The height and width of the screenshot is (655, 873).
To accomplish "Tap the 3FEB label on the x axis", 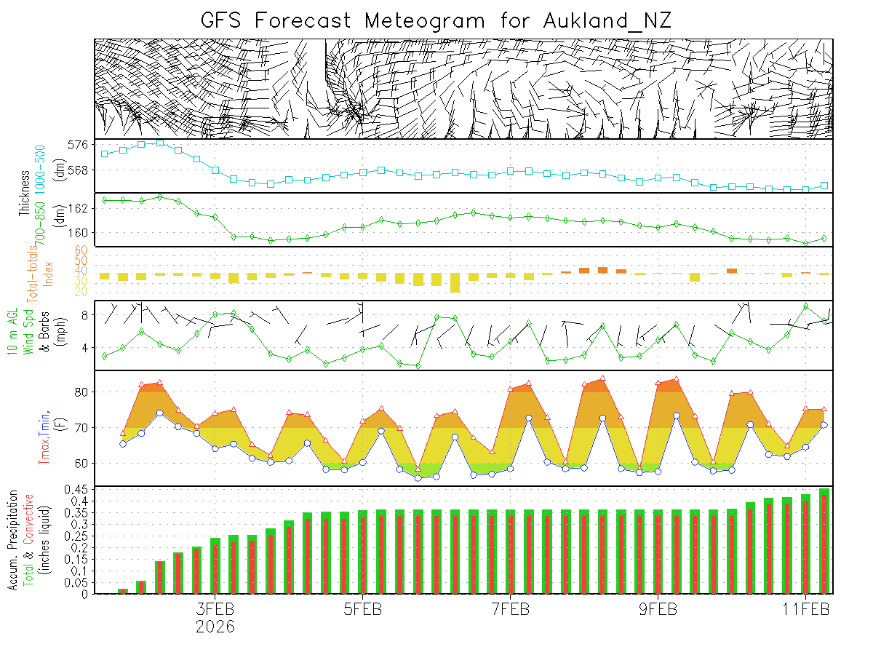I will [x=215, y=608].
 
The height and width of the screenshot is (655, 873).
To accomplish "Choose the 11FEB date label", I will [x=806, y=608].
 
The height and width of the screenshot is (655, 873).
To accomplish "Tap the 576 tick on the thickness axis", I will [x=79, y=145].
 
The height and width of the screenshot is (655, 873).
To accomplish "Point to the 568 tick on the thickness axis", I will [x=79, y=170].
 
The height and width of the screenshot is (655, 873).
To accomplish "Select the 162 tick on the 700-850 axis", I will [x=79, y=208].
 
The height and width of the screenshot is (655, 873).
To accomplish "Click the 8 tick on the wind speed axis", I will [x=84, y=315].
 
